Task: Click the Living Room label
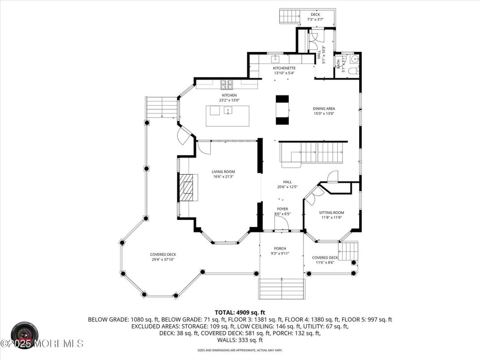click(223, 171)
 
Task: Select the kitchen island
click(223, 116)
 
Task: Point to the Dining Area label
click(324, 108)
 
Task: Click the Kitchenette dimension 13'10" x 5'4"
click(284, 73)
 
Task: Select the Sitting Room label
click(331, 213)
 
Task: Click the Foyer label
click(282, 209)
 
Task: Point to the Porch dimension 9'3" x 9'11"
click(280, 254)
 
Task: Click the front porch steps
click(282, 289)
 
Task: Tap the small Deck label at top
click(315, 15)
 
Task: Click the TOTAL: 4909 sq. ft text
click(240, 313)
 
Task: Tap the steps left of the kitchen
click(162, 107)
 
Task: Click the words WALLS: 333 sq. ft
click(240, 340)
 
